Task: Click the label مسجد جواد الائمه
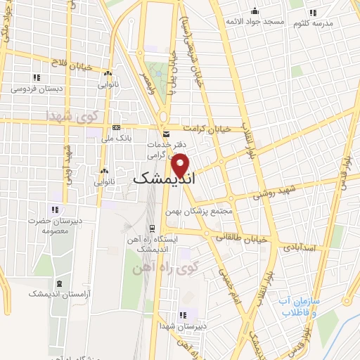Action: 255,22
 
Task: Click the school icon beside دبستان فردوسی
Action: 35,77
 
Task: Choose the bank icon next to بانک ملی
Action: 116,128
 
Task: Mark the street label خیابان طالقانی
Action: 241,238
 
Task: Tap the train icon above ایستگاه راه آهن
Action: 152,227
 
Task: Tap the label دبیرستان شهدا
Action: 183,326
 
